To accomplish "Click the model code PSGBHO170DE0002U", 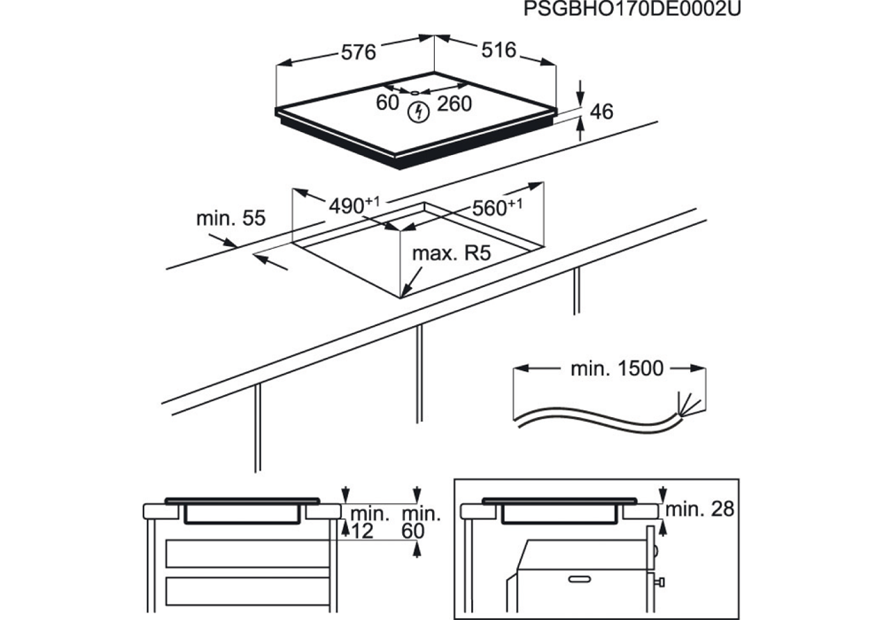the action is (x=632, y=9).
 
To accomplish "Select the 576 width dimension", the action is (x=358, y=52).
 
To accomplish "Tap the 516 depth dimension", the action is (x=499, y=50).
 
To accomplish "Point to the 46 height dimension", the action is (x=601, y=112).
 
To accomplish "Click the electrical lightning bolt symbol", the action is (x=418, y=112).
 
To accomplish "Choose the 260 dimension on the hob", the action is (x=454, y=104).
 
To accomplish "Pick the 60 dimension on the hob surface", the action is (x=387, y=103).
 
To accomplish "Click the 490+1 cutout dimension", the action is (x=354, y=205).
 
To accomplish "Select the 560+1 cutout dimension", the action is (x=497, y=207).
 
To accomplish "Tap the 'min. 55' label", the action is (x=230, y=218).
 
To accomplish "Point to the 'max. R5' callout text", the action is (x=452, y=253).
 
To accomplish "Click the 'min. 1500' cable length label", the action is (x=616, y=368).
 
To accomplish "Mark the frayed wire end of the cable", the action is (x=689, y=404).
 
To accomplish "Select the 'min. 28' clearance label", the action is (x=701, y=509).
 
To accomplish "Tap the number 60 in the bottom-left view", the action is (x=414, y=531).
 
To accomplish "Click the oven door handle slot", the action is (x=584, y=579).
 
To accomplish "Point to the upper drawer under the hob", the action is (x=247, y=553).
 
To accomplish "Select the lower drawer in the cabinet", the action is (x=247, y=592).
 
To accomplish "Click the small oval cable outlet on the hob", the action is (x=415, y=92).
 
